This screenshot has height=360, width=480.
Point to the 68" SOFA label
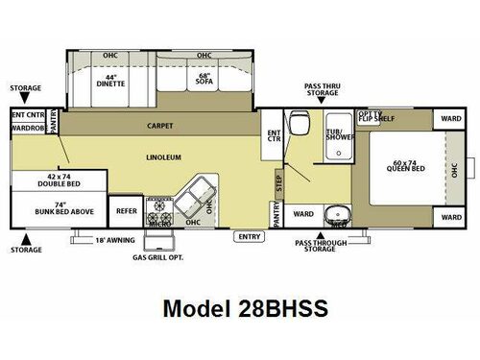click(x=203, y=81)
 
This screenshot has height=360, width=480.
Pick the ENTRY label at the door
click(x=250, y=235)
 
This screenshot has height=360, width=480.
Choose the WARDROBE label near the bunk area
click(x=27, y=127)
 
